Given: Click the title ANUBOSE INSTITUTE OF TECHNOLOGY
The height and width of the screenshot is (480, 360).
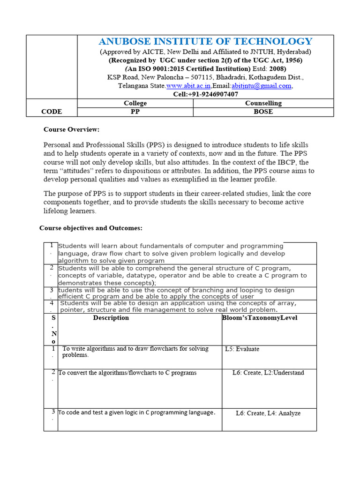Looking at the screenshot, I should [x=205, y=42].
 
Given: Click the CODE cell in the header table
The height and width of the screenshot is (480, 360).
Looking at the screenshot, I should [x=52, y=112].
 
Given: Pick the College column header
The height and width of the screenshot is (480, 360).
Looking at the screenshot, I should [x=135, y=103].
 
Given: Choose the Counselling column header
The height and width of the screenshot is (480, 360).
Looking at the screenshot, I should [x=263, y=103].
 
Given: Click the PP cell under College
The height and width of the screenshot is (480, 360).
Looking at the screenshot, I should [x=135, y=112].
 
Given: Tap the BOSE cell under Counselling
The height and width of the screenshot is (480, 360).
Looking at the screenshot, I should [x=263, y=112].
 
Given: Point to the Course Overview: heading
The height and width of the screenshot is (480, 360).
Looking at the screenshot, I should [x=72, y=129].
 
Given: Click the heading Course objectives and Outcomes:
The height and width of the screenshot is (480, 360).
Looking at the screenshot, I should [x=90, y=228].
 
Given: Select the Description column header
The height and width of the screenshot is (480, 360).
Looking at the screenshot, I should [x=111, y=318].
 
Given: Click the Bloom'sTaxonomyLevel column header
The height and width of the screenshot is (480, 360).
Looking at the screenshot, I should [x=260, y=318].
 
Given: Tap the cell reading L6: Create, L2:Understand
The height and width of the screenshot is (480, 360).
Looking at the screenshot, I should [x=268, y=373].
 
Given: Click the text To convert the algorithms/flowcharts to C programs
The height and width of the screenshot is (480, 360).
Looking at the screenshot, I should [x=127, y=373].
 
